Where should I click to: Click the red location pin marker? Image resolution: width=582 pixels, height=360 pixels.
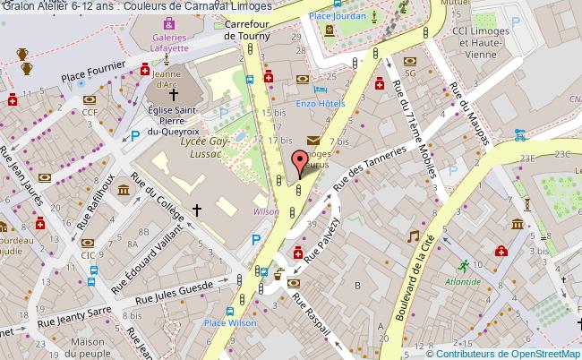click(x=299, y=163)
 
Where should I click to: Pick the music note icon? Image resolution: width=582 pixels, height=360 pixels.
click(x=413, y=236)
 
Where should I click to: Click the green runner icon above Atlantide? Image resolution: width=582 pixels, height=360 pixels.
click(x=463, y=266)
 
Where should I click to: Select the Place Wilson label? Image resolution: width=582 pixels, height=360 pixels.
click(x=225, y=323)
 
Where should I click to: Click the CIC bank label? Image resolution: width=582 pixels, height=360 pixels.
click(x=87, y=255)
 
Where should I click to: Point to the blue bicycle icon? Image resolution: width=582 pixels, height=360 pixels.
click(x=520, y=136)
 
